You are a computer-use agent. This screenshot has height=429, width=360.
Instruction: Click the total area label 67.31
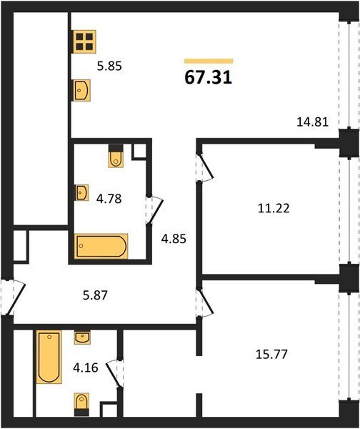point(209,77)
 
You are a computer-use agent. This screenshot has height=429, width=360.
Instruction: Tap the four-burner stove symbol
point(84,41)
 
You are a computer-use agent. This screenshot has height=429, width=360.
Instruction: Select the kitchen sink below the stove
point(81,90)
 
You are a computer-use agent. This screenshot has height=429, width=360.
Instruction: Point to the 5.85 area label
point(109,66)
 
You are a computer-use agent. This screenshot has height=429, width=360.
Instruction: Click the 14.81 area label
point(312,122)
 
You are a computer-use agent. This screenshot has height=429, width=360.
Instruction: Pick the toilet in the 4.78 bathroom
point(116,156)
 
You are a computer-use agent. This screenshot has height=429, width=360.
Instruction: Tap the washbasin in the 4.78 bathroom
point(81,192)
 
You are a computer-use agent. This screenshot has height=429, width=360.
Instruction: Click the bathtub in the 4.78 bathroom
point(101,246)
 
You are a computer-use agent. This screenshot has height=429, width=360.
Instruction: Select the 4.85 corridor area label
point(174,239)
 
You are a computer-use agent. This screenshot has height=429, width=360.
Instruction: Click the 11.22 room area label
point(274,209)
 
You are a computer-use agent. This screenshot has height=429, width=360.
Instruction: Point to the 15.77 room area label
point(271,355)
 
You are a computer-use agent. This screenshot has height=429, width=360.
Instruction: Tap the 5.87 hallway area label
point(96,295)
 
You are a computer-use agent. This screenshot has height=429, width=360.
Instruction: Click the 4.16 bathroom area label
point(86,368)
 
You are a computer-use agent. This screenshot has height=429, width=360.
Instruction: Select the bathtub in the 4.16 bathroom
point(49,357)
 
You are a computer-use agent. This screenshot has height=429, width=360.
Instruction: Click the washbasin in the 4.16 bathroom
point(82,337)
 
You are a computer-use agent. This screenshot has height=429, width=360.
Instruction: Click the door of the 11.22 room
point(204,167)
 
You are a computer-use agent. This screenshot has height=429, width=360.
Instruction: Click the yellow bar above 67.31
point(209,61)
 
